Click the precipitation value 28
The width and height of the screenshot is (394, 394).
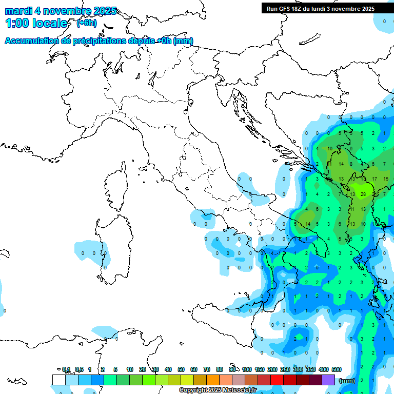[363, 194]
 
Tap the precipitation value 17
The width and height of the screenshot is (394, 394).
[375, 179]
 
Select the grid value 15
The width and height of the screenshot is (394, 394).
[386, 179]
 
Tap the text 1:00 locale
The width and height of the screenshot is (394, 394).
[36, 23]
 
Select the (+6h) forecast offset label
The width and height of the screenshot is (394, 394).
[86, 23]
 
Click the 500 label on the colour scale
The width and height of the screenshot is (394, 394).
[337, 369]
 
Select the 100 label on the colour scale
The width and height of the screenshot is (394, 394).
[247, 369]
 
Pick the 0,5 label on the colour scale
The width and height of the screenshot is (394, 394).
[78, 369]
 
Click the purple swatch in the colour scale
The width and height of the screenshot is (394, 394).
[328, 380]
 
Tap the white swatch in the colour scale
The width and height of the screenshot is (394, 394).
[58, 380]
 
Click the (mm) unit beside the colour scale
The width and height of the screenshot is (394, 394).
[347, 381]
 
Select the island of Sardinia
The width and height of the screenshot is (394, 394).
[110, 246]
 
